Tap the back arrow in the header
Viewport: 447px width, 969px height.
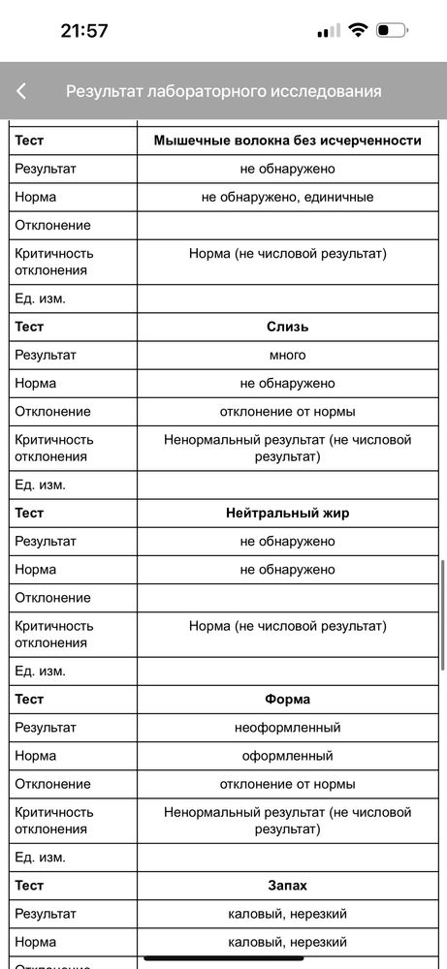click(21, 91)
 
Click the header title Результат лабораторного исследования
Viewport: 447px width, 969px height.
click(223, 91)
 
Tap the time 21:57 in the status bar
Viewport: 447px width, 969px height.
click(84, 31)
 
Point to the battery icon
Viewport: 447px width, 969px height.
click(392, 31)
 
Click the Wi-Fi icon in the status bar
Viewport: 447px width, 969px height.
click(358, 31)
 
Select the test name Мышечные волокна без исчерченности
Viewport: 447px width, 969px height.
click(287, 141)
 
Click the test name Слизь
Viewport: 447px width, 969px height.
click(287, 327)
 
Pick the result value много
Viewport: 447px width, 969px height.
click(287, 355)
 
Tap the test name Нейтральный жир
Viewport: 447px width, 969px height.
click(287, 513)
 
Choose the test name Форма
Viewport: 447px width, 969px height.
click(287, 699)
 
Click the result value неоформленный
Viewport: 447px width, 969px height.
click(287, 727)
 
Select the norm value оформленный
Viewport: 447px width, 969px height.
click(287, 755)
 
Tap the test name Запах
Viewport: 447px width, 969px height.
click(287, 885)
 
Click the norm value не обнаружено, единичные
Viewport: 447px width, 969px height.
click(287, 197)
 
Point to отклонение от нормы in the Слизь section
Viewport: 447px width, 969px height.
click(287, 411)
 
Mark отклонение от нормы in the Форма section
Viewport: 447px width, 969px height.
click(287, 783)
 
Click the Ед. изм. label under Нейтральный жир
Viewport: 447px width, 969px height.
click(41, 671)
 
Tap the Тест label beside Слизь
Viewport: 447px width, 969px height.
click(30, 327)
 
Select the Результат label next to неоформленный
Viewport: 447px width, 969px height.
click(46, 727)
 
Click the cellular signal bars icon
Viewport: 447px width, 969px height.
click(329, 31)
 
